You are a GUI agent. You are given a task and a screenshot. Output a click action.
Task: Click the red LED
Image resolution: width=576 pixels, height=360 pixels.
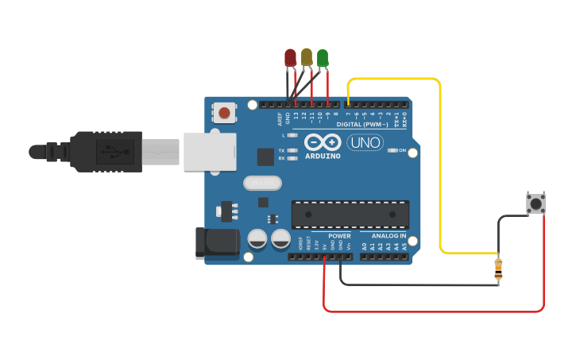[290, 57]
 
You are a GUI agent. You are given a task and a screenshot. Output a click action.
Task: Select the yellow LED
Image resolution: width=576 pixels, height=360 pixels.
[307, 56]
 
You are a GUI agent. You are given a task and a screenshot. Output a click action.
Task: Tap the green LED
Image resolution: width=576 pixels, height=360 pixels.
[323, 57]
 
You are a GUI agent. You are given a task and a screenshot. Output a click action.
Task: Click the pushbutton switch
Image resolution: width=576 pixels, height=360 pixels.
[536, 203]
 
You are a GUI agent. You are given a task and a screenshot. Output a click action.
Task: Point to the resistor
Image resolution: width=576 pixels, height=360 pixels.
[498, 269]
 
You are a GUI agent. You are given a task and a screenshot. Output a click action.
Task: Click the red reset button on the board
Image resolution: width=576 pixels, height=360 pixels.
[225, 113]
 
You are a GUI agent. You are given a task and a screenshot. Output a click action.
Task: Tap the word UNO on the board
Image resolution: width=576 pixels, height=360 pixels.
[365, 143]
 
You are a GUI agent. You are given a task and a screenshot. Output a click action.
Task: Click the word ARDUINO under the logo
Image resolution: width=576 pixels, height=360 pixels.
[322, 156]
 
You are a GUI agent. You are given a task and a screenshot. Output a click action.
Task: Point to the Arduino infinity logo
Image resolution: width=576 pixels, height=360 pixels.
[322, 142]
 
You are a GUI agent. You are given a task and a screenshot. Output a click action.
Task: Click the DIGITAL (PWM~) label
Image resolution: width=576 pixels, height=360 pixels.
[361, 125]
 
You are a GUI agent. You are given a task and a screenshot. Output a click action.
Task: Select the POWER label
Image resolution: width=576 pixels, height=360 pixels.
[339, 236]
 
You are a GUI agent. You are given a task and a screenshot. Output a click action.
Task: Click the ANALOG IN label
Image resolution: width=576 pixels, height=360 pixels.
[389, 236]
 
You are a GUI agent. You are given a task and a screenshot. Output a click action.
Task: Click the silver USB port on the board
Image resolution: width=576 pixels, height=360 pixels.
[210, 152]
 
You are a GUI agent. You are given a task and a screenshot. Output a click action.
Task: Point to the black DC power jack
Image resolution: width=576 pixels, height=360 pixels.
[217, 242]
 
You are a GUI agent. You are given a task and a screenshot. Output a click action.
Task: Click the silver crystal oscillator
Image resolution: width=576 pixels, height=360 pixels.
[262, 184]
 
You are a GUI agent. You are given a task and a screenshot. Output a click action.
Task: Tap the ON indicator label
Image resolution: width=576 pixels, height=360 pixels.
[402, 150]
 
